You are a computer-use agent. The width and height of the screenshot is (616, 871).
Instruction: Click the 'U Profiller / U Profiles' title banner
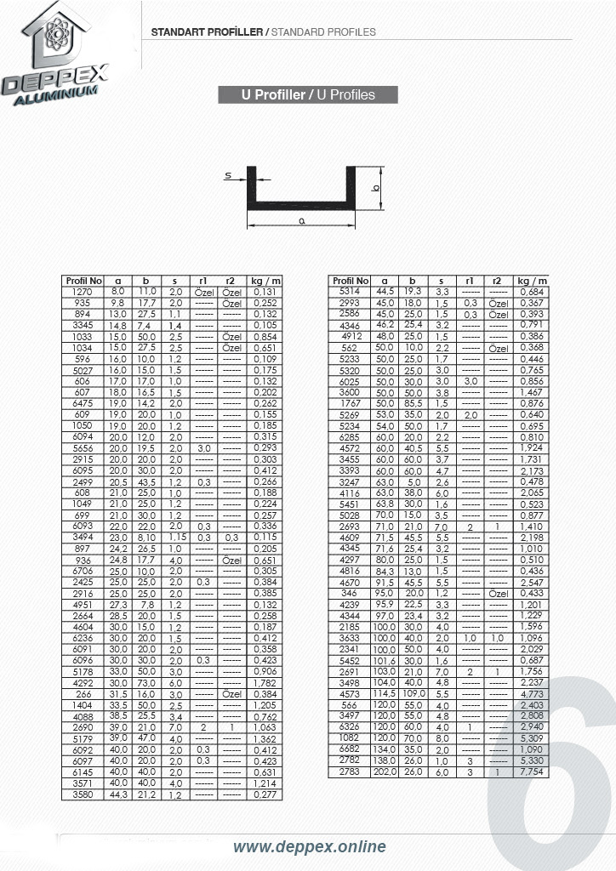[308, 94]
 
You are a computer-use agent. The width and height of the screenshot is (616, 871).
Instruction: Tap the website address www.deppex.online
[310, 846]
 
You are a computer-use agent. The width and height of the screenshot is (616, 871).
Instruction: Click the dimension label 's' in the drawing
[228, 176]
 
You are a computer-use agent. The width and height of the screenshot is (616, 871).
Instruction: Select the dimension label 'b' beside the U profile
[375, 187]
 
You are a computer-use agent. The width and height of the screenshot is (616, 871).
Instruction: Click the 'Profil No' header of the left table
[83, 281]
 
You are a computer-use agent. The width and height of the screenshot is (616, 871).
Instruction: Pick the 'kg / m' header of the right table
[532, 281]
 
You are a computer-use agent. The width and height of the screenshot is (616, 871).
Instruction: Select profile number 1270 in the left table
[83, 292]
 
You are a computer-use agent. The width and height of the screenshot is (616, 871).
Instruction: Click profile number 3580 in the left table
[83, 794]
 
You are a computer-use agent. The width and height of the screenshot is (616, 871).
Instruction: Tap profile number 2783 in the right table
[350, 771]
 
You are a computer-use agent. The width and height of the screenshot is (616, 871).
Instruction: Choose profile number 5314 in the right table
[350, 292]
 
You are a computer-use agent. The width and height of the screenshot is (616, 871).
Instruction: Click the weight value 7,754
[532, 771]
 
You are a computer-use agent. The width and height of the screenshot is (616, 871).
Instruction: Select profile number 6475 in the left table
[83, 403]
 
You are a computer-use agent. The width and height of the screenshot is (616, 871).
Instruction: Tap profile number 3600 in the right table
[350, 392]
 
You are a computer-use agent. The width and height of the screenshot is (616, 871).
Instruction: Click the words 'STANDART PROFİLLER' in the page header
[207, 31]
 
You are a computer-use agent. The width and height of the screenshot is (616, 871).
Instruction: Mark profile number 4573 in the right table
[350, 693]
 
